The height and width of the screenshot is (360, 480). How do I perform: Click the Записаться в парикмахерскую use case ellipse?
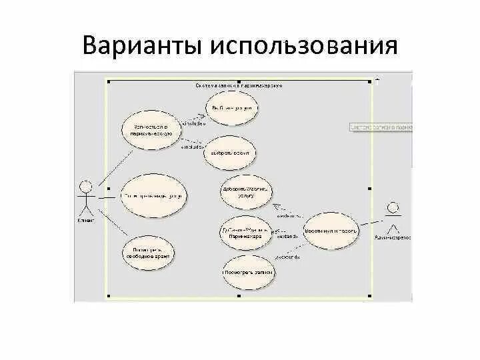coord(151,129)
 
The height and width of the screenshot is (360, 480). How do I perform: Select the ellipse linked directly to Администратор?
coord(331,231)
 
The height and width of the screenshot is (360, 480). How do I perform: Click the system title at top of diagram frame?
coord(238,85)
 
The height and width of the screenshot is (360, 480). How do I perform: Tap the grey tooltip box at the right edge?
coord(381,127)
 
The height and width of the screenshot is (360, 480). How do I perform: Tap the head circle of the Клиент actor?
coord(84,185)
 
